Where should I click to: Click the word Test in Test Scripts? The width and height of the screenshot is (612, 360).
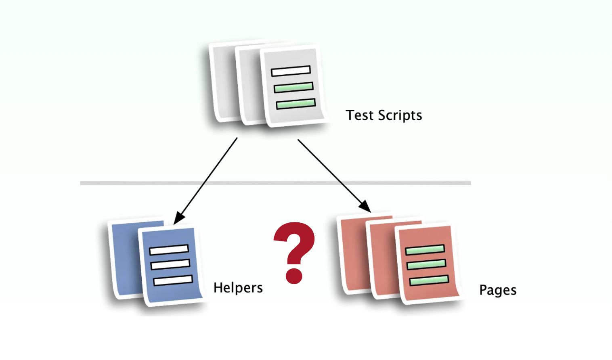pyautogui.click(x=359, y=115)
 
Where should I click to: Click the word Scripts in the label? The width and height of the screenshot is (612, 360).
pyautogui.click(x=400, y=116)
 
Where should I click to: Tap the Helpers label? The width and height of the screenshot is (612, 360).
pyautogui.click(x=238, y=288)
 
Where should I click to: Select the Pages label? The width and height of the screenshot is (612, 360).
pyautogui.click(x=498, y=290)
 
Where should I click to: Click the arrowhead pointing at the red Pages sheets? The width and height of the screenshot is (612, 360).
pyautogui.click(x=365, y=207)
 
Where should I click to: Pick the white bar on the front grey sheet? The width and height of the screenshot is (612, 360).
pyautogui.click(x=291, y=71)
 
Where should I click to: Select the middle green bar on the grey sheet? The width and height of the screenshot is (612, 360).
pyautogui.click(x=293, y=87)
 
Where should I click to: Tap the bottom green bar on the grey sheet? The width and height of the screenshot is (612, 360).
pyautogui.click(x=296, y=104)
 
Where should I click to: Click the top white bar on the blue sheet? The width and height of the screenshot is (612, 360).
pyautogui.click(x=169, y=250)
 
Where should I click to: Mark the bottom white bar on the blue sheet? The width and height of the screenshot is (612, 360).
pyautogui.click(x=173, y=280)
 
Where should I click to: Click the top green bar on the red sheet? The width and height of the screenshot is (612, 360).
pyautogui.click(x=425, y=250)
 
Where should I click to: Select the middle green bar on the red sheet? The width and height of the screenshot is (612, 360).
pyautogui.click(x=426, y=264)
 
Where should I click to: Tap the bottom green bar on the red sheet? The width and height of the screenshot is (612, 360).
pyautogui.click(x=429, y=280)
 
